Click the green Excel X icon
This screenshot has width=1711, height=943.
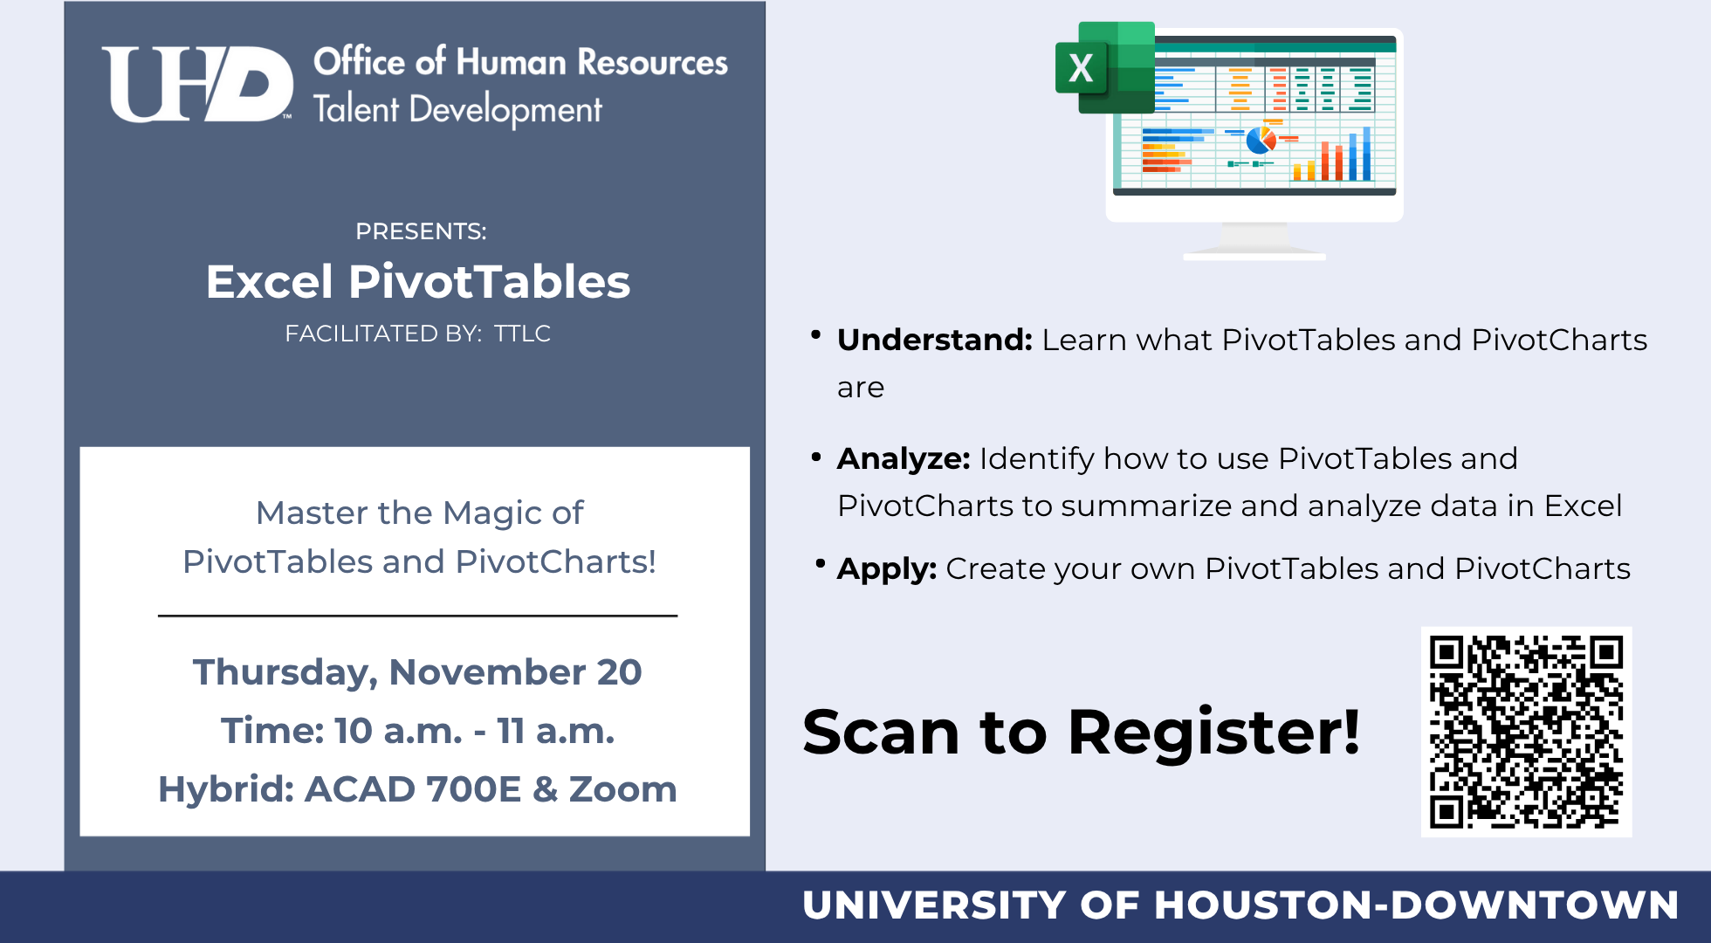[1103, 68]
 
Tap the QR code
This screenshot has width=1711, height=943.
[1526, 732]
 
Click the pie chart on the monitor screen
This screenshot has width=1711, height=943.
[1261, 140]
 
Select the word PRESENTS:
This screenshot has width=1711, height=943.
[421, 231]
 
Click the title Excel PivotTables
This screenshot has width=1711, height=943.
[418, 282]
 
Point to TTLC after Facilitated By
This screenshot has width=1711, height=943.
[522, 334]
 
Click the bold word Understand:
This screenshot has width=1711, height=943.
[934, 340]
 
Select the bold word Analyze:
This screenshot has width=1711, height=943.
[903, 458]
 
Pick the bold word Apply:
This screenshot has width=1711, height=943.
[886, 568]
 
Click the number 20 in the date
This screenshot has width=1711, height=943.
[619, 672]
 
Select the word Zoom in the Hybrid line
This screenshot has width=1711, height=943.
[622, 789]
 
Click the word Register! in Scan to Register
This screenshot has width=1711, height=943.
[1213, 732]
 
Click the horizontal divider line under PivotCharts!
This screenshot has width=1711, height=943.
[417, 616]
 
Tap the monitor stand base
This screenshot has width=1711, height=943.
[1254, 254]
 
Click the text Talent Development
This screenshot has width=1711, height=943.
[457, 110]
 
